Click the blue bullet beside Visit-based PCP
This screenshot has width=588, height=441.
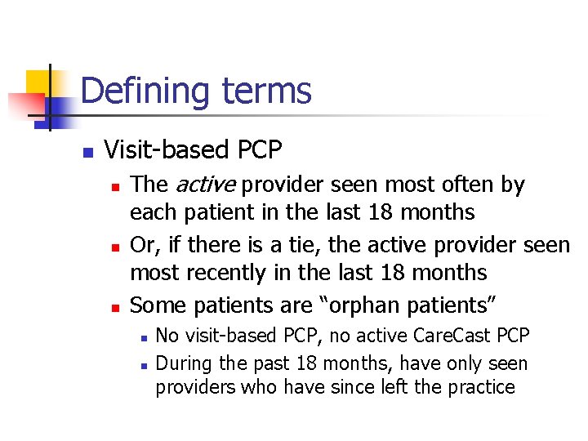coord(87,152)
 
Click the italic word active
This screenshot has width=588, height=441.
coord(200,185)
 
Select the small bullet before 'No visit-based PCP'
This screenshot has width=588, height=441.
coord(142,336)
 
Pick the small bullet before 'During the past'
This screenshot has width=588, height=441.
coord(142,364)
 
